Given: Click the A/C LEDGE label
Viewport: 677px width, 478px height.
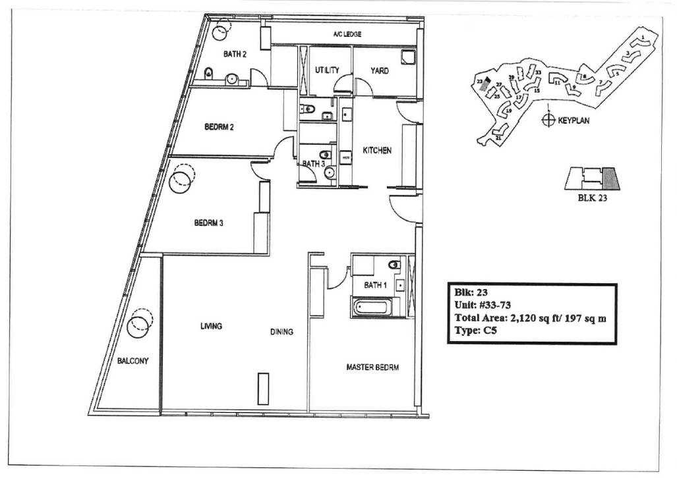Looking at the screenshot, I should tap(347, 34).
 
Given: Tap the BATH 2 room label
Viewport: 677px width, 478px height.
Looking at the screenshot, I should tap(234, 55).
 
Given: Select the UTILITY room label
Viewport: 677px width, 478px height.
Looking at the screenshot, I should tap(327, 70).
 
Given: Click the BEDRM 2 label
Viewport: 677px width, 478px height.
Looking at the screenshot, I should tap(219, 127).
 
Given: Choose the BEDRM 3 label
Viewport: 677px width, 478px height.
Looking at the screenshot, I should tap(209, 223).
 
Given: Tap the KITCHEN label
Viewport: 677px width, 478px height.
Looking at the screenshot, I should tap(377, 151).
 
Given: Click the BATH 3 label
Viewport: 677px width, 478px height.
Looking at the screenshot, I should tap(314, 164).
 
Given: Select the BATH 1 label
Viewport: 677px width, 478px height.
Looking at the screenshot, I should tap(376, 285).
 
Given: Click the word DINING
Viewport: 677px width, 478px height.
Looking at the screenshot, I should tap(281, 332).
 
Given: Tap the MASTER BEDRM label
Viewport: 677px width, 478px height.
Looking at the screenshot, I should tap(372, 367).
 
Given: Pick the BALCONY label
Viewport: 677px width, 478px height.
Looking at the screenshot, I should tap(132, 361).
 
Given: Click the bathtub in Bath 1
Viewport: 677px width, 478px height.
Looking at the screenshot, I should tap(372, 307).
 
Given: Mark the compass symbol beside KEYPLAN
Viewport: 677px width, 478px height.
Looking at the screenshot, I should tap(547, 120).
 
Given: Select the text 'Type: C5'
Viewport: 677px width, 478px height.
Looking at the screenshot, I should tap(475, 331).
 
